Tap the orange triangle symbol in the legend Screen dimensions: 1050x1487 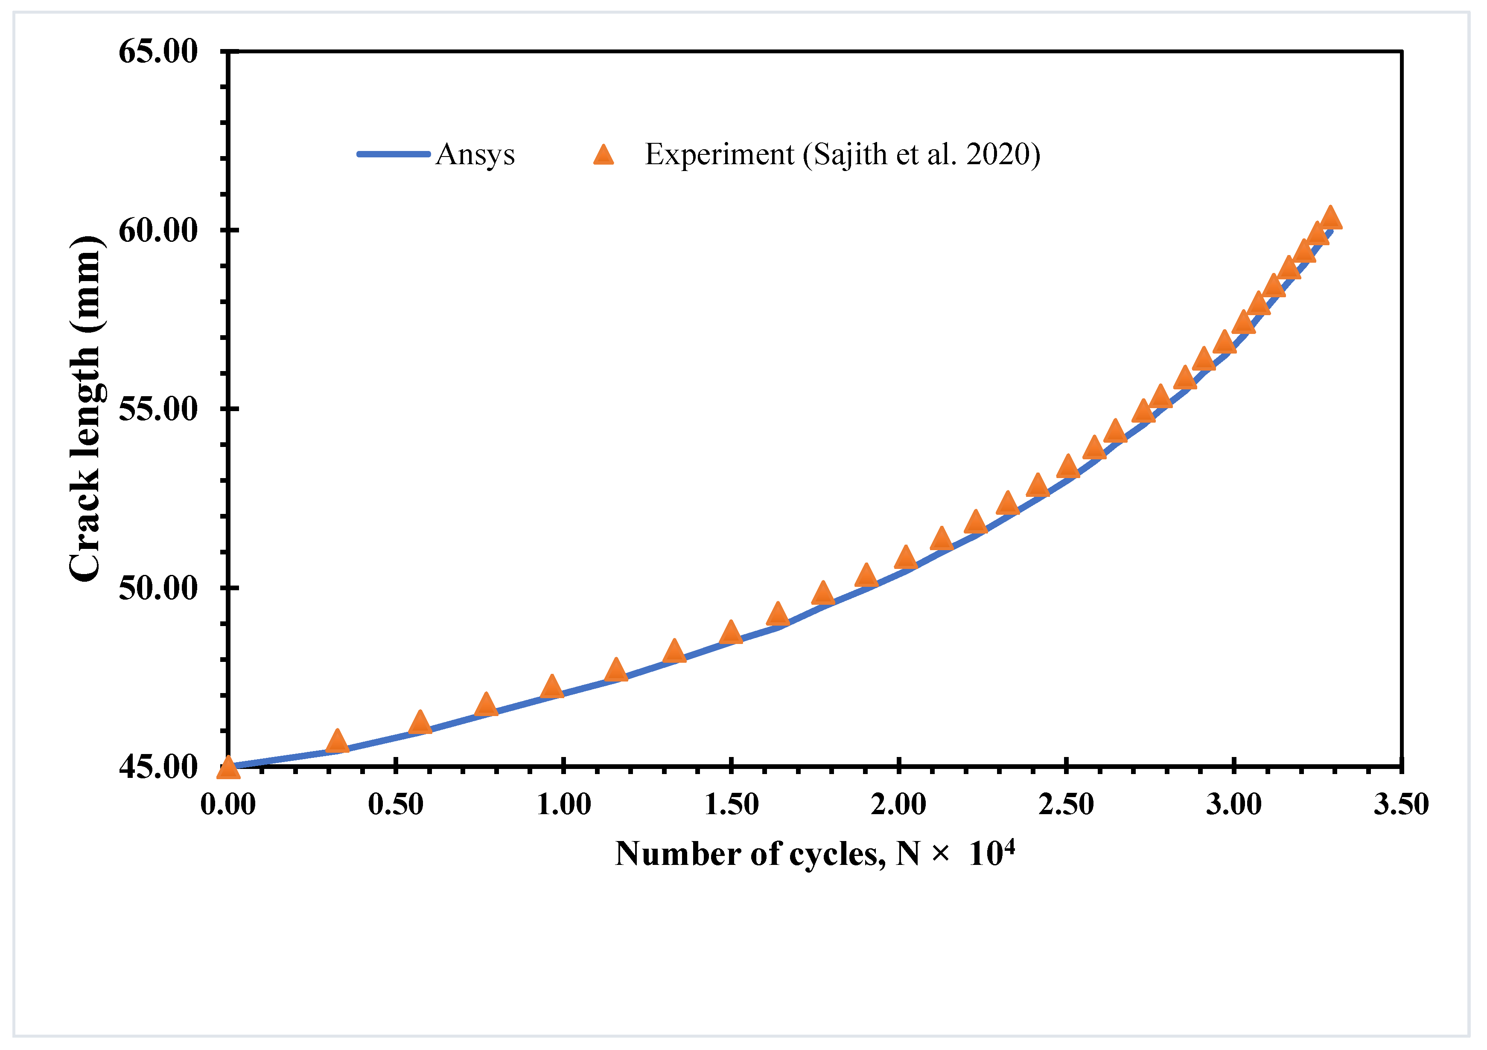click(604, 155)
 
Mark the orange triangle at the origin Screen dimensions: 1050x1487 click(228, 768)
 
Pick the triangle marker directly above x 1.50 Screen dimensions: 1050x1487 click(731, 632)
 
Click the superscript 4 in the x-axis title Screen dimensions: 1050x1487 click(1010, 845)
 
